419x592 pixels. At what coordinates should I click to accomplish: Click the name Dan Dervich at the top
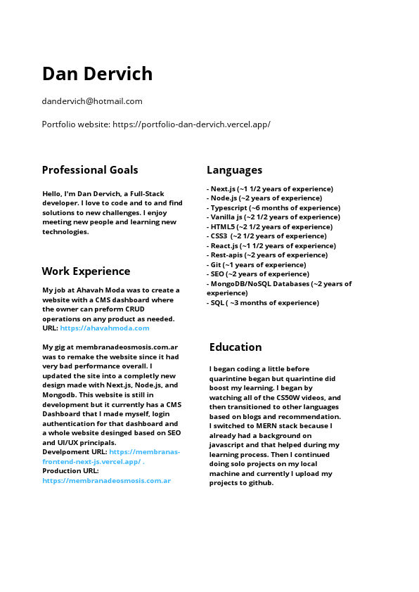pos(97,74)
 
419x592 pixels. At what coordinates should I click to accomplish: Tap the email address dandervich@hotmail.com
pos(92,101)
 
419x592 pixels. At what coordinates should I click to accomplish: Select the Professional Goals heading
pos(90,169)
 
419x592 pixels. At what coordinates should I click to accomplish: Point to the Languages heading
pos(234,169)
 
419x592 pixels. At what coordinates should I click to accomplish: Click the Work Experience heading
pos(86,271)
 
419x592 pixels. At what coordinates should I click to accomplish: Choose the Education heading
pos(236,347)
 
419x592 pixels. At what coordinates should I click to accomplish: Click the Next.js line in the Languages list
pos(270,188)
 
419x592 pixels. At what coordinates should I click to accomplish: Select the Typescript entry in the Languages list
pos(273,207)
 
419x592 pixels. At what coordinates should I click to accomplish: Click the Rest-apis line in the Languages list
pos(267,255)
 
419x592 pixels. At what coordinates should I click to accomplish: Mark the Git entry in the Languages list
pos(257,265)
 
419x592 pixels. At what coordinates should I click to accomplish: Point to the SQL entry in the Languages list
pos(263,303)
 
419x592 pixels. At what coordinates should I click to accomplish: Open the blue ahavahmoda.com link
pos(105,328)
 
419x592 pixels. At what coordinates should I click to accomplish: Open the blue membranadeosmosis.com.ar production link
pos(106,480)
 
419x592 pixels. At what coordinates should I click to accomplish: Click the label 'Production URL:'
pos(70,471)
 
